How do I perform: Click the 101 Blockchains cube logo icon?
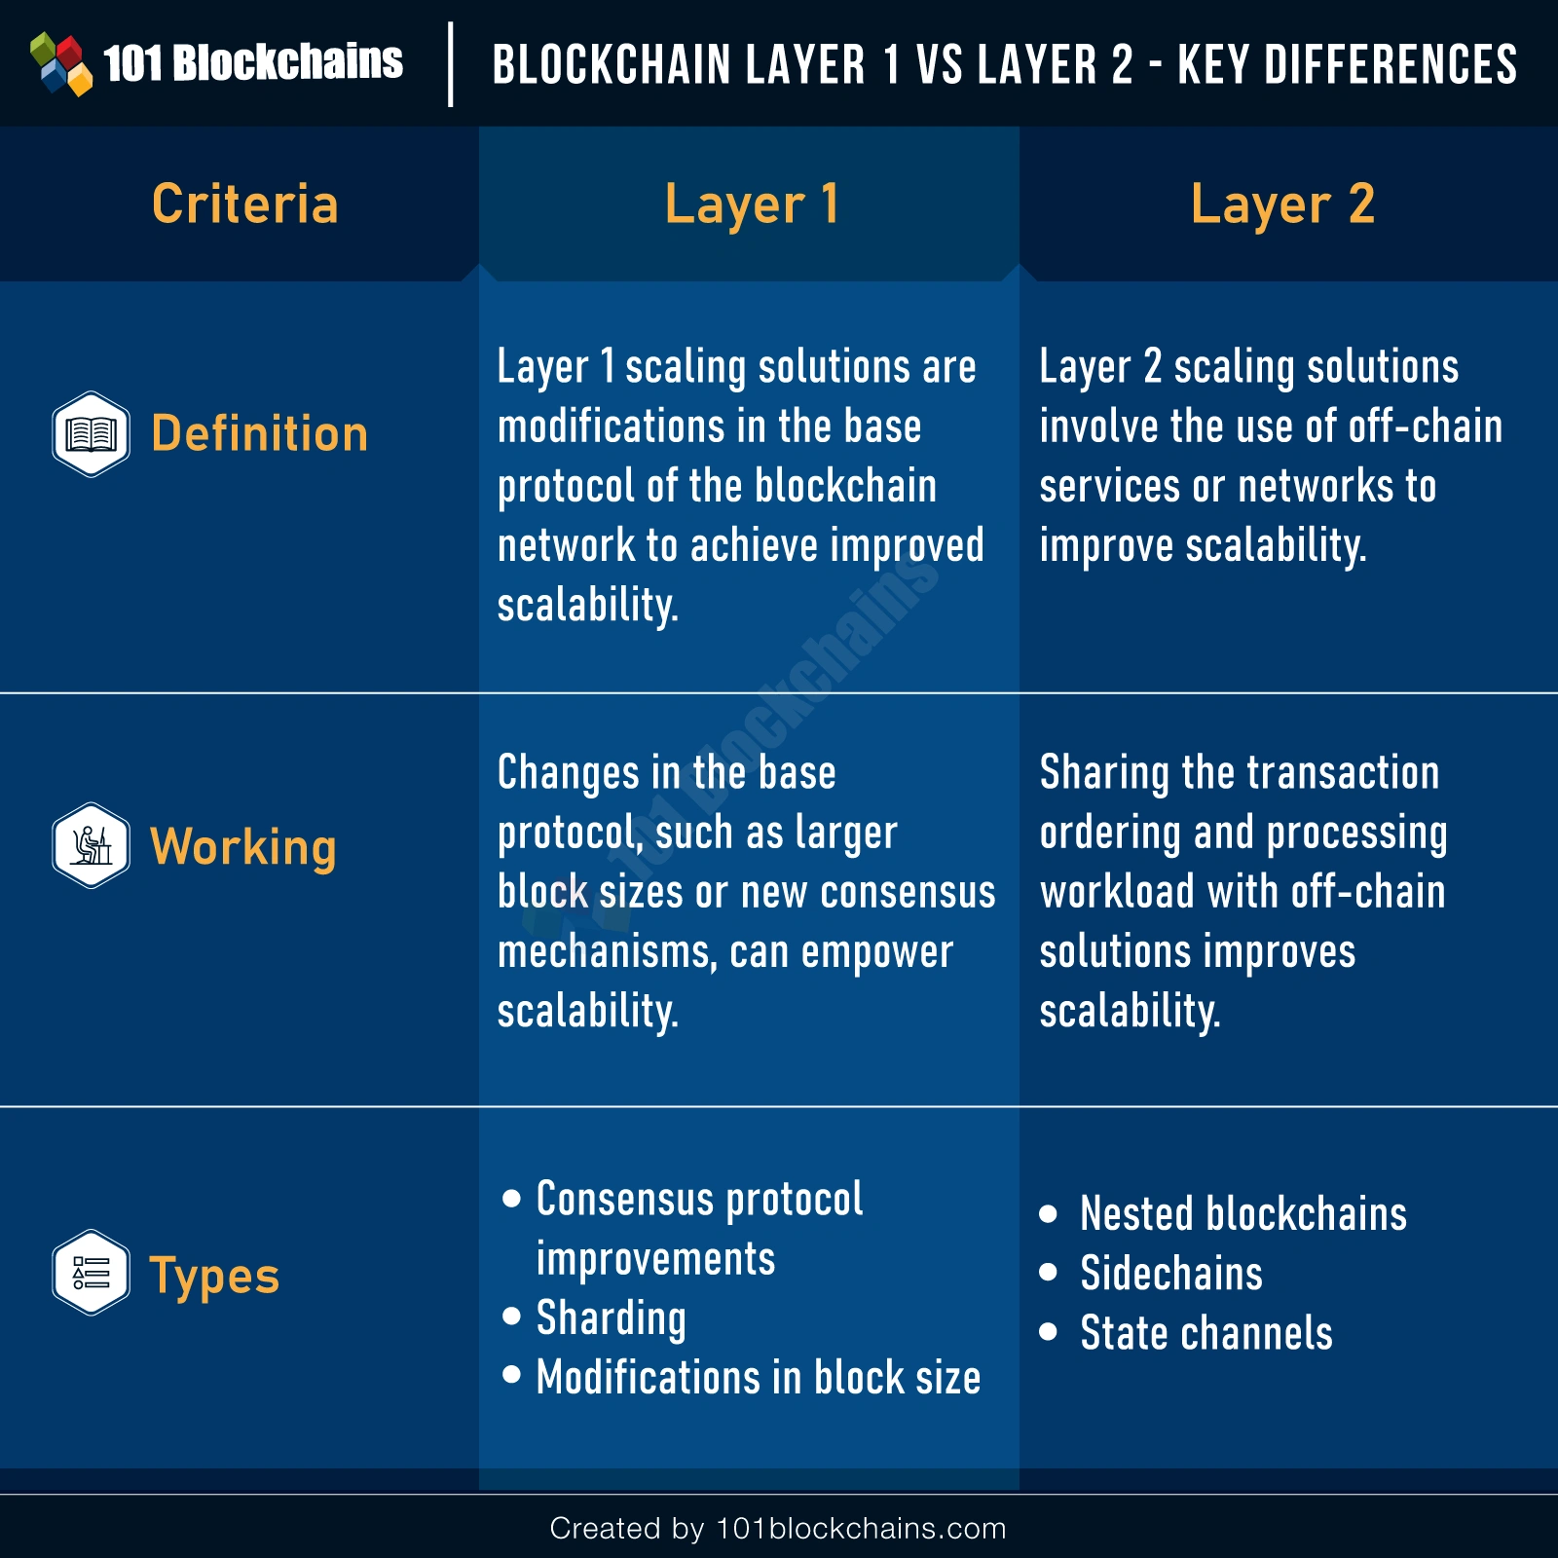(61, 63)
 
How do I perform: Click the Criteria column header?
(245, 204)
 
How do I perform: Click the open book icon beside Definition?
(91, 434)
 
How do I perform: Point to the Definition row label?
(260, 434)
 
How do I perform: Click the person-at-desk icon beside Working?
(91, 845)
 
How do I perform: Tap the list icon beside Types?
(91, 1273)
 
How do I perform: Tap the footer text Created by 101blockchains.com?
(778, 1529)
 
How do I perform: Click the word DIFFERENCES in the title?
(1391, 64)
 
